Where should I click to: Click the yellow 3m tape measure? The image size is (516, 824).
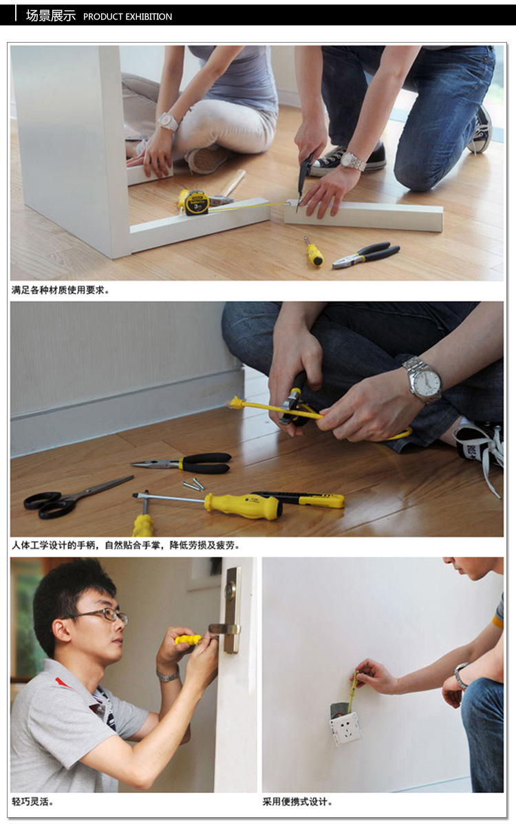tap(195, 202)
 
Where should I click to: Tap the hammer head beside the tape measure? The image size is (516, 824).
tap(222, 200)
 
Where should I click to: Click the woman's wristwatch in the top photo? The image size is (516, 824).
tap(167, 122)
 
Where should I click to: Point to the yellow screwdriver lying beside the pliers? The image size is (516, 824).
tap(314, 252)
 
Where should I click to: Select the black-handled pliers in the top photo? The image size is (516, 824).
tap(367, 254)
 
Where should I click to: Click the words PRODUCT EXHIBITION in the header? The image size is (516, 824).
tap(127, 17)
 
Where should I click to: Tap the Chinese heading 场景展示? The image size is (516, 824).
tap(50, 16)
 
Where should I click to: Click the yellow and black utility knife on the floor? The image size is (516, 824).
tap(303, 498)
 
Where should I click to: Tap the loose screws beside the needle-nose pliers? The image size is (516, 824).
tap(193, 485)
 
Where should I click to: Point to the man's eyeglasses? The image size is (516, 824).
tap(103, 615)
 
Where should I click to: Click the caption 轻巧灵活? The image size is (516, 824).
tap(32, 801)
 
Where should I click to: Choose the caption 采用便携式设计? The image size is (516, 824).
tap(297, 801)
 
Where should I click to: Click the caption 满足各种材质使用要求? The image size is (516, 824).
tap(60, 290)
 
